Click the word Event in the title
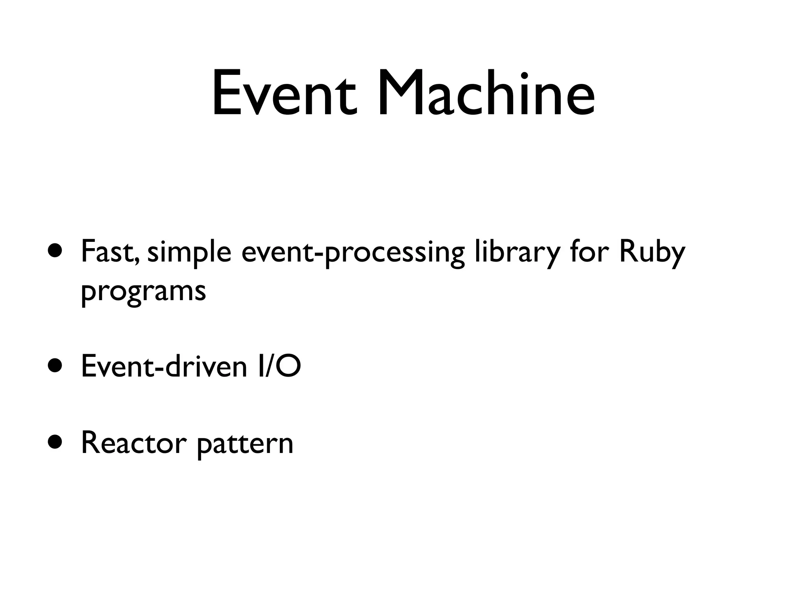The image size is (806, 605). [x=284, y=94]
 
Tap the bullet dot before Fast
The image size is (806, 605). [x=55, y=251]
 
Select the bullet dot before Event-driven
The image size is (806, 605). [x=55, y=366]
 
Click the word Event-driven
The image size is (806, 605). [x=164, y=366]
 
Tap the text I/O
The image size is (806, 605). [x=279, y=366]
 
